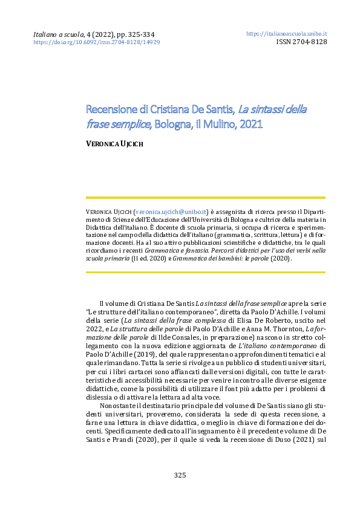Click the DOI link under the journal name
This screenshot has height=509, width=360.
[96, 43]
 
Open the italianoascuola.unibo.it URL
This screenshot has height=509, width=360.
[287, 34]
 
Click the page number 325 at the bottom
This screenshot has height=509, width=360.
[180, 475]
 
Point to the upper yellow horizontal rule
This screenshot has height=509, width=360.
[206, 198]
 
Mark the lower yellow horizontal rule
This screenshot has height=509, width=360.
[206, 271]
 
